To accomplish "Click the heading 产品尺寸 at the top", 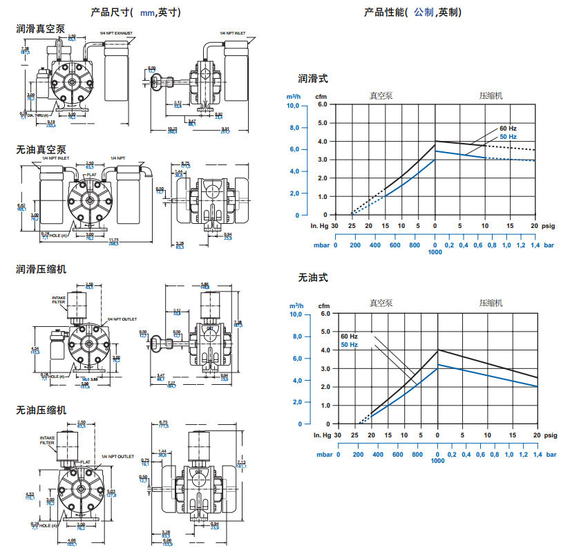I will click(112, 12).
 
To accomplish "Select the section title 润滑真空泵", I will click(41, 29).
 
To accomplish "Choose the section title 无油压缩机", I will click(41, 410).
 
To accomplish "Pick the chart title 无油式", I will click(313, 278).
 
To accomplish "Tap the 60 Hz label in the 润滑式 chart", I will click(508, 129).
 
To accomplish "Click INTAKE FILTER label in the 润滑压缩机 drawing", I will click(59, 301).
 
